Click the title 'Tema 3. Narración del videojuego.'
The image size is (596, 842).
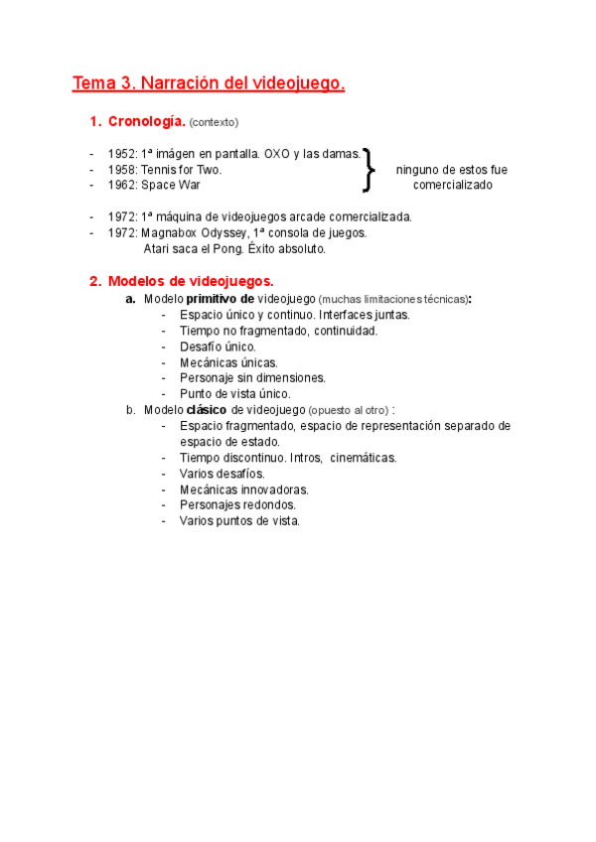(209, 84)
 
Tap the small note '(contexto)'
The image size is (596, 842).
(214, 123)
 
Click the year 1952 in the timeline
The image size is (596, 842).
(122, 155)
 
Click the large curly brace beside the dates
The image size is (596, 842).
(370, 169)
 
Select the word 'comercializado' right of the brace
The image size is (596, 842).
(452, 185)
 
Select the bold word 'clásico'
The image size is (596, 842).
(207, 409)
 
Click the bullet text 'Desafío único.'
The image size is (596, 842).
(218, 347)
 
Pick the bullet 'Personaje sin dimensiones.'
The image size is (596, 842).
(252, 377)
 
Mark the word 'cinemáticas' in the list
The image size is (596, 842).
(362, 458)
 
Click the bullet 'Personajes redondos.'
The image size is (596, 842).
(237, 504)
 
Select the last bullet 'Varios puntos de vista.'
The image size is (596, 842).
(239, 520)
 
